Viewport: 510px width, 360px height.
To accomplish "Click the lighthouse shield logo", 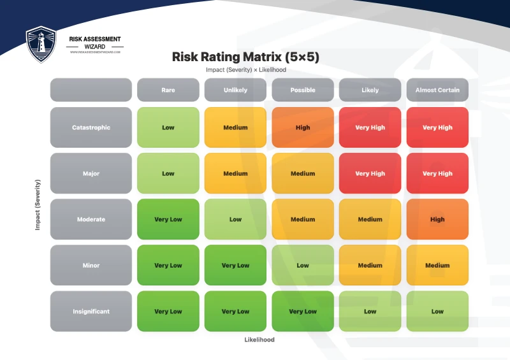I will [x=41, y=44].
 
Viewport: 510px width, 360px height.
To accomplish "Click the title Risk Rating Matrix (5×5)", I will [x=245, y=57].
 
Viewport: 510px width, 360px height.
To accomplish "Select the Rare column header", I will [x=168, y=90].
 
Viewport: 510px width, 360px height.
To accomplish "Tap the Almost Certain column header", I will [x=437, y=90].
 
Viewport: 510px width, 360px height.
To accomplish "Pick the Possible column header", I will [x=303, y=90].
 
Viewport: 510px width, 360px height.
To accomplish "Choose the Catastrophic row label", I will [x=91, y=127].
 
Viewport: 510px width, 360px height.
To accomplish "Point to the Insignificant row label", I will [x=91, y=312].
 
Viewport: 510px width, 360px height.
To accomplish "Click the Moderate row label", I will [x=91, y=219].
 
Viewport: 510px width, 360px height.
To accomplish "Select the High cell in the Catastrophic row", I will [x=303, y=127].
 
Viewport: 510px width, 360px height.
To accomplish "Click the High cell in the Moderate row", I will [x=437, y=219].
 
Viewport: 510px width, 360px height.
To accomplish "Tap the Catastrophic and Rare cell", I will [x=168, y=127].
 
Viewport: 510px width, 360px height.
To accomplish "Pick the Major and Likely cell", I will [x=370, y=173].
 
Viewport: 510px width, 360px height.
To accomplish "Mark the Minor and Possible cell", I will [x=303, y=265].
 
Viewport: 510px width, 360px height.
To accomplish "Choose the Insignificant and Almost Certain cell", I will [x=437, y=312].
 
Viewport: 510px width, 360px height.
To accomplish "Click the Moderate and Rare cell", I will [x=168, y=219].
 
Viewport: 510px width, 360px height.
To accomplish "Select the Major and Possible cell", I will [x=303, y=173].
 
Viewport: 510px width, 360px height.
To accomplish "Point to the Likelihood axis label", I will [x=259, y=340].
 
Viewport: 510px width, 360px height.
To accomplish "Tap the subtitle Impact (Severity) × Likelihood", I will [x=245, y=70].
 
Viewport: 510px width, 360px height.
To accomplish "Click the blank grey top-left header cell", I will [x=91, y=90].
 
